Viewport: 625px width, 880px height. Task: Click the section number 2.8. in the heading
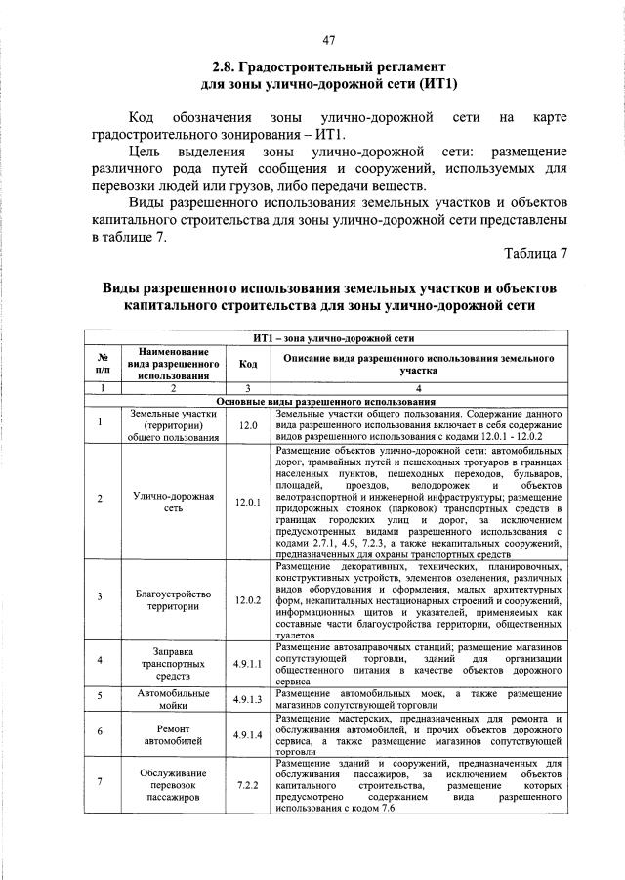coord(227,66)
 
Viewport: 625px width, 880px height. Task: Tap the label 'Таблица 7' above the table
coord(534,254)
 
